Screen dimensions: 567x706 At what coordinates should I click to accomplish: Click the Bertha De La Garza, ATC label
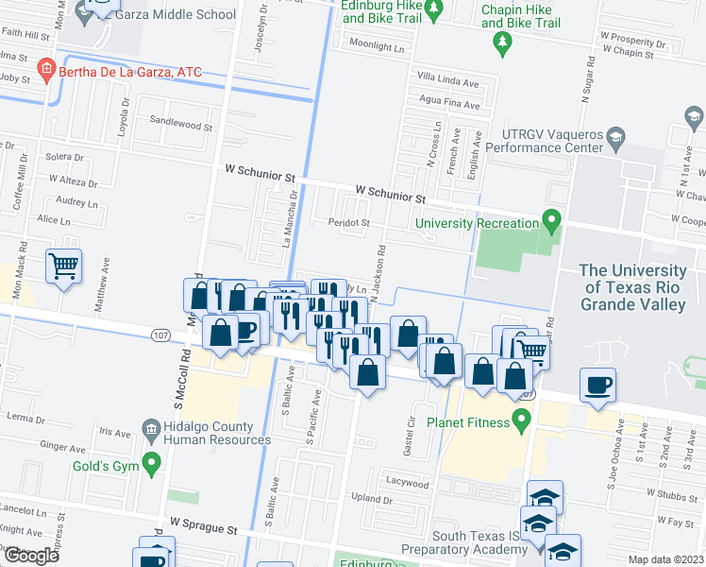130,72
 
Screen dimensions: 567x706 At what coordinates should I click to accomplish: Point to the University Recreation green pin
552,223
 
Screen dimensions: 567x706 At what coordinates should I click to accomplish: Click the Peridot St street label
348,223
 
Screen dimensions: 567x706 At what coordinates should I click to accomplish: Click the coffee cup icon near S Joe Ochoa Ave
598,385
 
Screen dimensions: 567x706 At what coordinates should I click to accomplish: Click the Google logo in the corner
30,556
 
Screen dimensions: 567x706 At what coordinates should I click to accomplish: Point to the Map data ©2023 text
666,559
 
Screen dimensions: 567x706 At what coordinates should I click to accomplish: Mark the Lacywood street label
407,482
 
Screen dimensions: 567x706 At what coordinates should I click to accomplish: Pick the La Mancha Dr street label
290,218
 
